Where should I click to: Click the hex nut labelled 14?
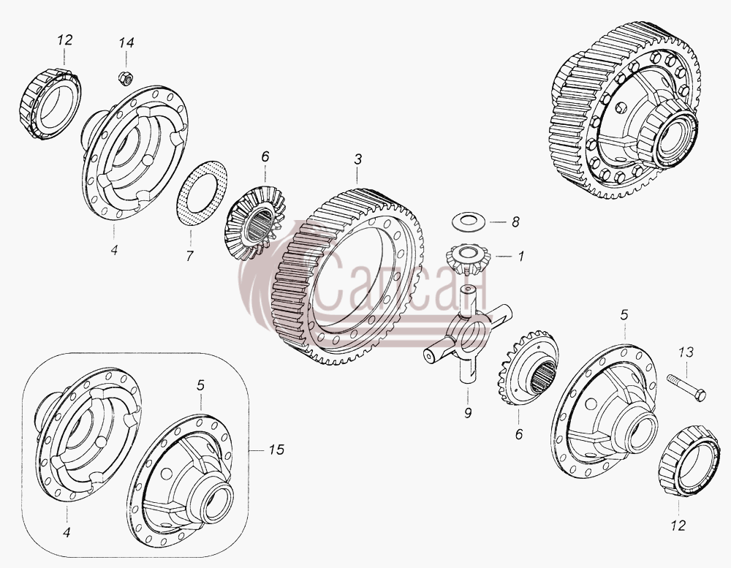pyautogui.click(x=125, y=78)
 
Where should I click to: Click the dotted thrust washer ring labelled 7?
pyautogui.click(x=202, y=194)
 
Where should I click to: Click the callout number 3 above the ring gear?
pyautogui.click(x=357, y=159)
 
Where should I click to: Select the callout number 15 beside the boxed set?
pyautogui.click(x=276, y=450)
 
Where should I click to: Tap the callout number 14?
pyautogui.click(x=126, y=43)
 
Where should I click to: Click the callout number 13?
pyautogui.click(x=686, y=352)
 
